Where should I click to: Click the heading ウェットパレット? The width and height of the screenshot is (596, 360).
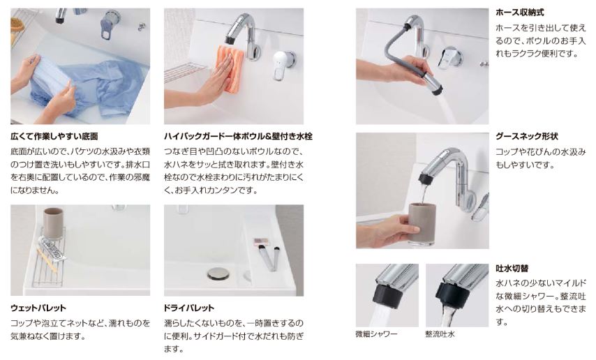[38, 308]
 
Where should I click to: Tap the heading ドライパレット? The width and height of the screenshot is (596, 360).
[189, 308]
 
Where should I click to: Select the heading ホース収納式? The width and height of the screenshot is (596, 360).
[520, 12]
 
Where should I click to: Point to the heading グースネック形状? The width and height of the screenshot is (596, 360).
[526, 136]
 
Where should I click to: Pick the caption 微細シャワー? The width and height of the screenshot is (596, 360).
[376, 333]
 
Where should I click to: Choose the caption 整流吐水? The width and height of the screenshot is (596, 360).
[440, 333]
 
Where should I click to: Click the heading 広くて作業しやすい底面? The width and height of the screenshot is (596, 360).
[54, 136]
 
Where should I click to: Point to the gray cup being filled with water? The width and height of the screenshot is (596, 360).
[422, 223]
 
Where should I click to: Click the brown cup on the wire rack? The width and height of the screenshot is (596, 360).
[53, 223]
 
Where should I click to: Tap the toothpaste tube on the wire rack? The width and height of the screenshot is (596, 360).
[52, 248]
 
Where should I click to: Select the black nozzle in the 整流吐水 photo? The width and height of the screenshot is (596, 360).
[449, 294]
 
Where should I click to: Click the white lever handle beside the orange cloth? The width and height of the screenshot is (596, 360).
[282, 64]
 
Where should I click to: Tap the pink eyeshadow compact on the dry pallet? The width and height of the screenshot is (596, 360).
[261, 241]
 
